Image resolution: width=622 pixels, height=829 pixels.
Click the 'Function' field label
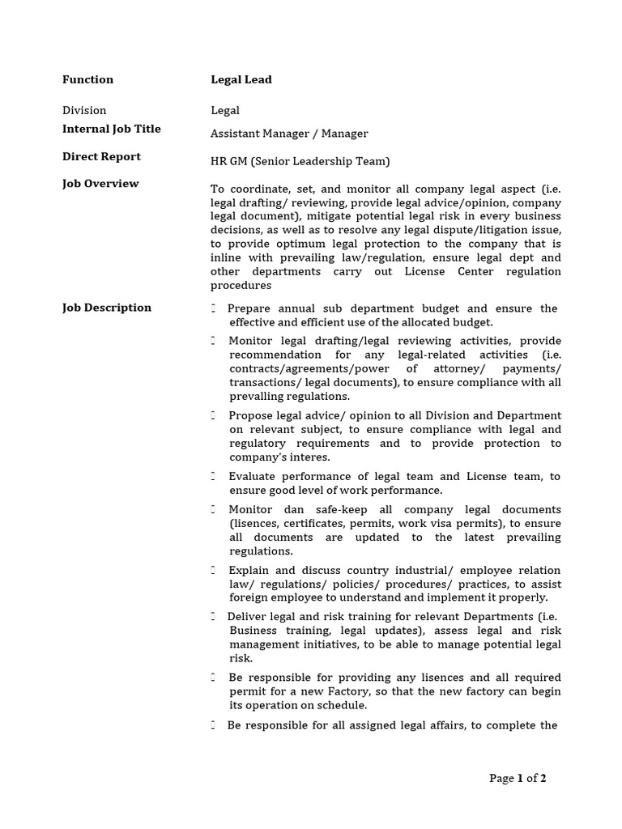pos(87,79)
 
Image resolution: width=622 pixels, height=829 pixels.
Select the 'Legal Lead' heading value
pos(241,79)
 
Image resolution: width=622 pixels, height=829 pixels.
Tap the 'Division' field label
pos(84,110)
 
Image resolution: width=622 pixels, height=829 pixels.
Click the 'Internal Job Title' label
pos(111,129)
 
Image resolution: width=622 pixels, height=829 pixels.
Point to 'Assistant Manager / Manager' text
pos(289,134)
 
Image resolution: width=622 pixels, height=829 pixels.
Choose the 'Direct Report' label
pos(101,156)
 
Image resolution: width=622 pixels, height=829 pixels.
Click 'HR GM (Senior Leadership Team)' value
pos(300,161)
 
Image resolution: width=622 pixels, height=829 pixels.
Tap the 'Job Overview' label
pos(100,184)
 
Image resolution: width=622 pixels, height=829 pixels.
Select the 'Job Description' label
pos(106,308)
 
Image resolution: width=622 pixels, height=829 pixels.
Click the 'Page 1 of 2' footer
pos(518,779)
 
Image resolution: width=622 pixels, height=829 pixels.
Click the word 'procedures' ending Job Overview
pos(241,286)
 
